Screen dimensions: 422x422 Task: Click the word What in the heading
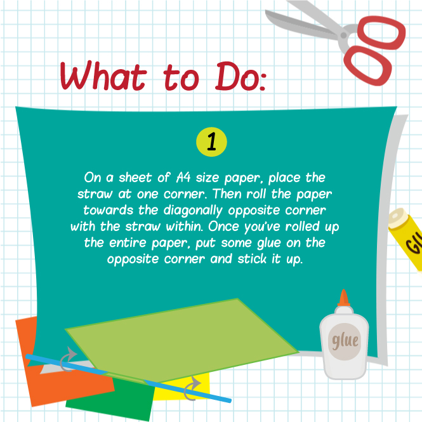coord(103,76)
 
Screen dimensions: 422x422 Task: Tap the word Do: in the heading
coord(241,76)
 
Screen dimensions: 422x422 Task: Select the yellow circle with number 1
coord(211,142)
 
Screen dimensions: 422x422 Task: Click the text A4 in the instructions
coord(183,178)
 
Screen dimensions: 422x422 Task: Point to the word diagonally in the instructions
coord(193,211)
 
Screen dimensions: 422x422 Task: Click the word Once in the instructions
coord(223,227)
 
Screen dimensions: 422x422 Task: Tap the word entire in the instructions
coord(128,243)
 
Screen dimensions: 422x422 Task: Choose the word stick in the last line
coord(252,259)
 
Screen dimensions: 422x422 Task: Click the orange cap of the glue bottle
coord(344,298)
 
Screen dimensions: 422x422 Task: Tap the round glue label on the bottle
coord(345,341)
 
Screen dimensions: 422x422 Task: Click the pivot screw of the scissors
coord(344,35)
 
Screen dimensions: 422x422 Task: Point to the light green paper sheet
coord(182,340)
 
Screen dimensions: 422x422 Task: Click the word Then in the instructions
coord(227,194)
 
